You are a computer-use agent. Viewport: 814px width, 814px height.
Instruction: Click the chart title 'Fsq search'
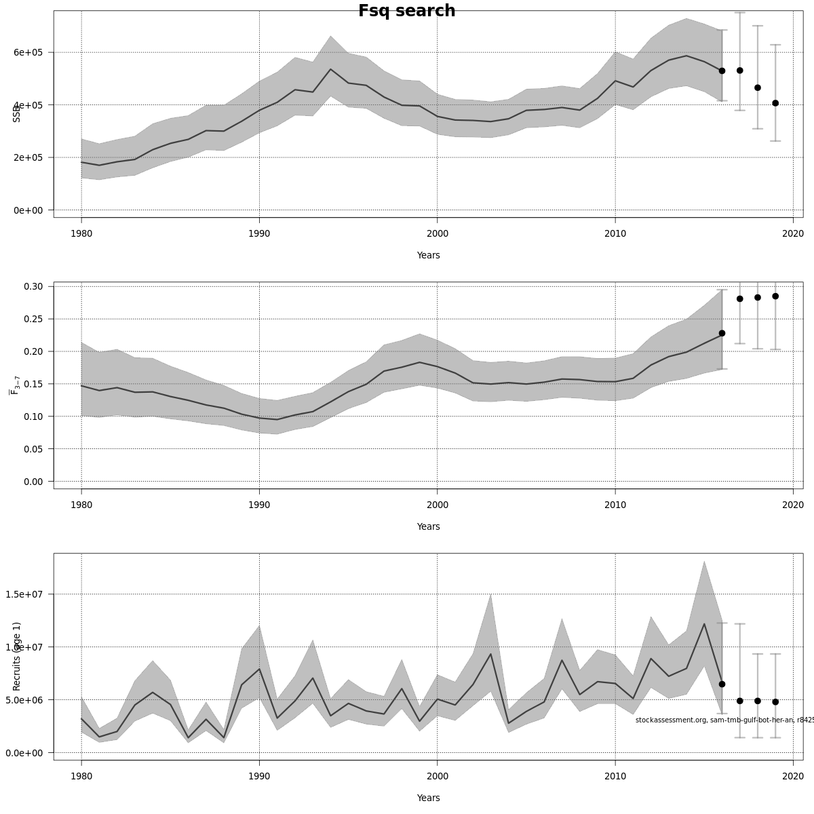[406, 11]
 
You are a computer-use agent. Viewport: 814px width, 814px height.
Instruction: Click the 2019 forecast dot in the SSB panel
[775, 103]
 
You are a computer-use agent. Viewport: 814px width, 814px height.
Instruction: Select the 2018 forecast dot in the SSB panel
[758, 88]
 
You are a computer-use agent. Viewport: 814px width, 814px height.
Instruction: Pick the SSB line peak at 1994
[330, 69]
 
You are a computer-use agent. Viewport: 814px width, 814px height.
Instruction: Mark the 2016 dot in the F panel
[722, 333]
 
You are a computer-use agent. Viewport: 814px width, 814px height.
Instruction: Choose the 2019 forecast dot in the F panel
[775, 296]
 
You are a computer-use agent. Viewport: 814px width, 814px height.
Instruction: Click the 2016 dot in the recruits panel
[722, 684]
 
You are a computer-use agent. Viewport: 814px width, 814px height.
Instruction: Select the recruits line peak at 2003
[490, 654]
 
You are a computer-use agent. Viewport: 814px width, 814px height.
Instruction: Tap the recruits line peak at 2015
[704, 624]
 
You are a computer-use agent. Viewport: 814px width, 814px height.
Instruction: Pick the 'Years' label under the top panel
[428, 255]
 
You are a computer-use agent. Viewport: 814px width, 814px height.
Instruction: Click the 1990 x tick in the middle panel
[259, 505]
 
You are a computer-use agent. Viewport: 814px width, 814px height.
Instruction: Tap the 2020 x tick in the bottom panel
[793, 776]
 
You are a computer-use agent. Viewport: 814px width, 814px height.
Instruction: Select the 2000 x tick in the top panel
[437, 233]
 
